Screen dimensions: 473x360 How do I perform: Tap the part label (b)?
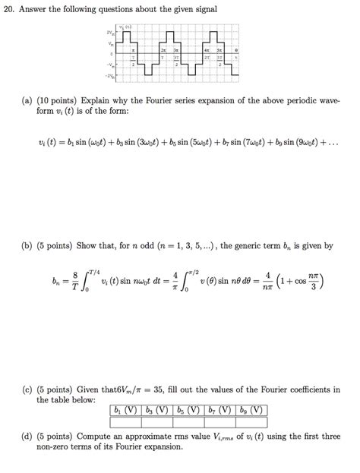[x=43, y=246]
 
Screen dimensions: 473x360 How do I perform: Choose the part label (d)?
[x=43, y=437]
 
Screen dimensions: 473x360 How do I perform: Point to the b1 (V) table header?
[x=126, y=411]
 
